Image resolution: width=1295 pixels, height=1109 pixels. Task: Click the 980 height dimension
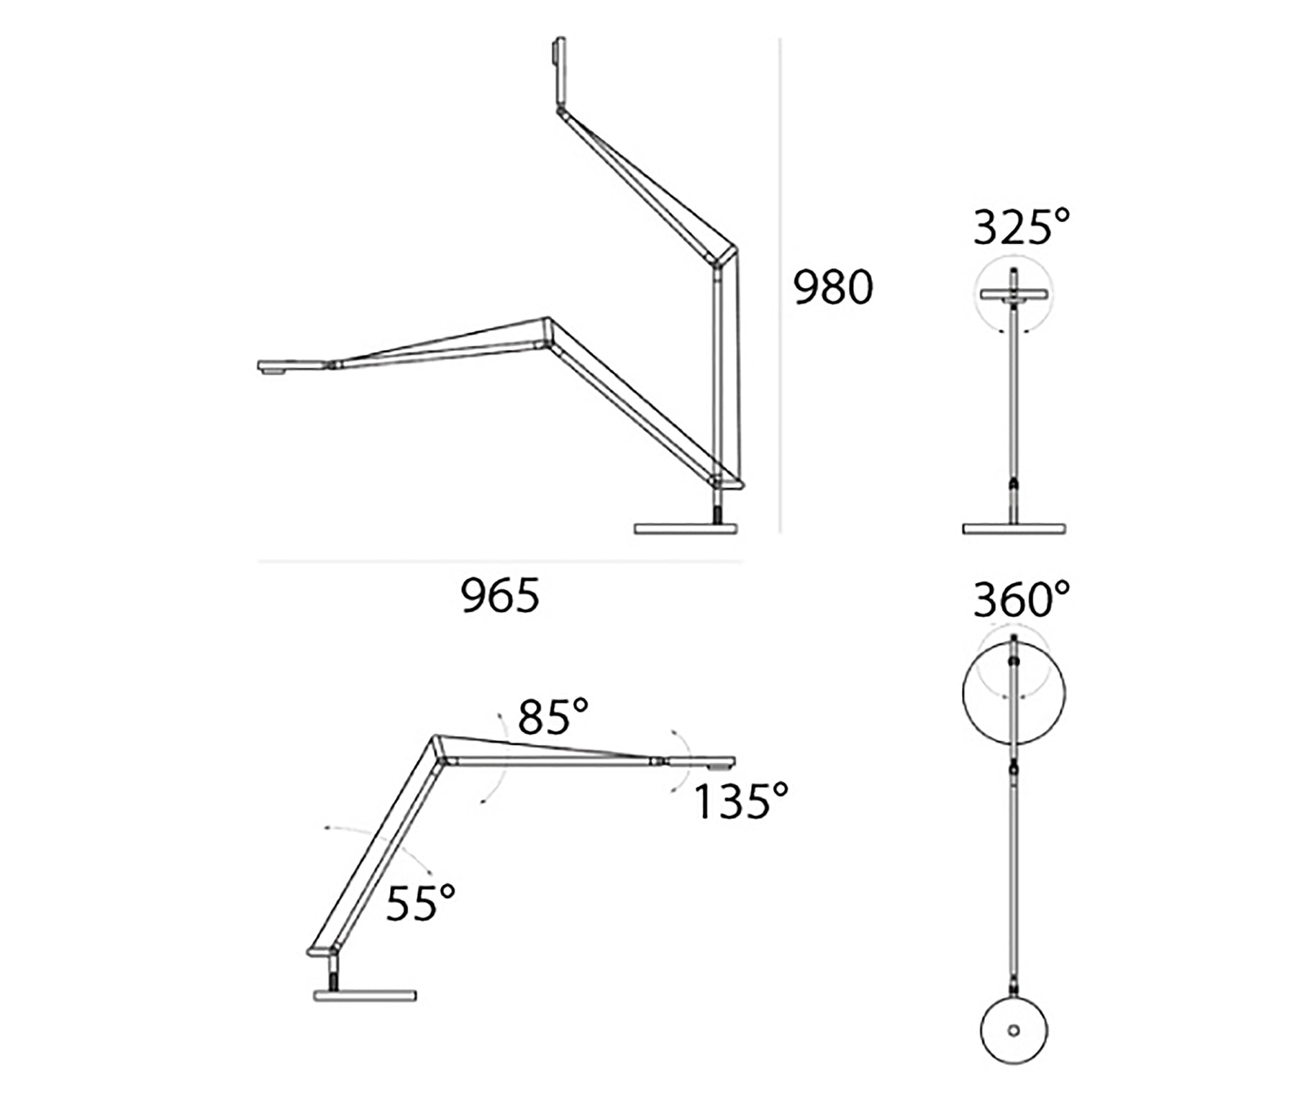(x=833, y=287)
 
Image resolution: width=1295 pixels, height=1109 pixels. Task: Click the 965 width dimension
(x=500, y=597)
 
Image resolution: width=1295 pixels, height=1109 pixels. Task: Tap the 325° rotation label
(x=1022, y=227)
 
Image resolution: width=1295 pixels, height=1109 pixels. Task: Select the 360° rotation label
(x=1022, y=599)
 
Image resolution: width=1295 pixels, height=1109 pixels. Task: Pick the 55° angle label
(x=421, y=903)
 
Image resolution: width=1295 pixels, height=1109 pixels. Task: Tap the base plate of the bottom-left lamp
(x=365, y=996)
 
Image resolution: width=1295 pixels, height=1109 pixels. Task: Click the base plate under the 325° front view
(x=1014, y=529)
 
